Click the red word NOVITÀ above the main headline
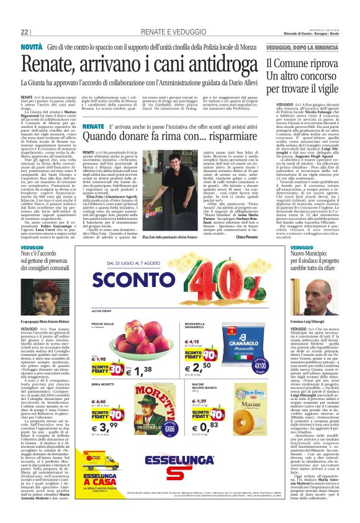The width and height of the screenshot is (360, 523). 32,47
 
